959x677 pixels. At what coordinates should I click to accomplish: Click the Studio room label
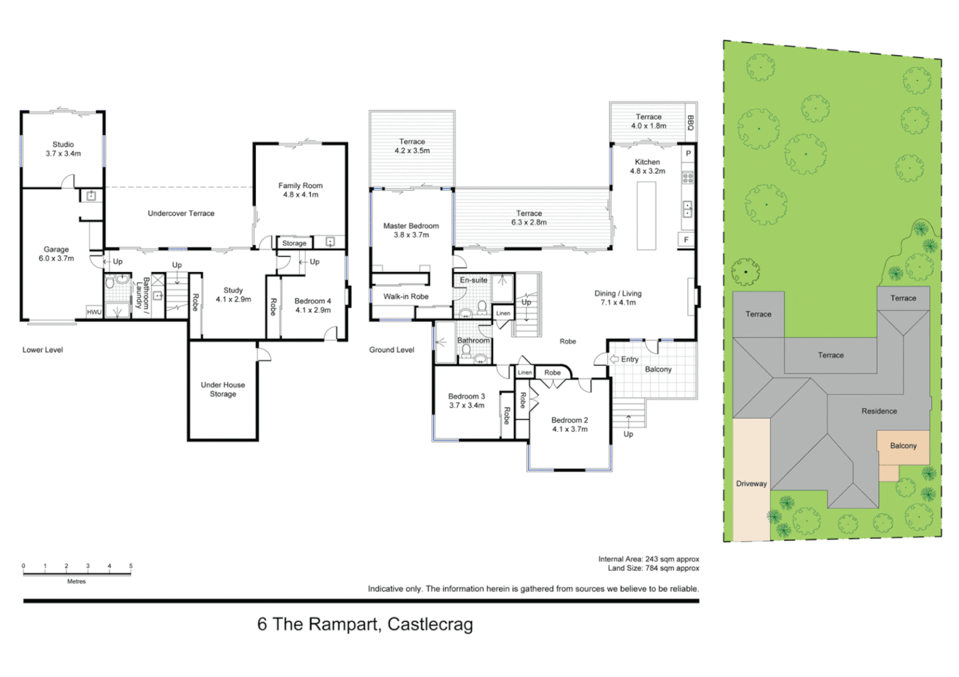[x=63, y=145]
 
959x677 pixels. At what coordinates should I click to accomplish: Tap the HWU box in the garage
[x=94, y=312]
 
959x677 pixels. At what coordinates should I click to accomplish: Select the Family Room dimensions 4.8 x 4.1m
[x=300, y=195]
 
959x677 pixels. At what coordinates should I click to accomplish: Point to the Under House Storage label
[x=223, y=389]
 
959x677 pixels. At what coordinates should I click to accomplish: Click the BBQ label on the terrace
[x=690, y=123]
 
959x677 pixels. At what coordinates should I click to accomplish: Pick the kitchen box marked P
[x=689, y=154]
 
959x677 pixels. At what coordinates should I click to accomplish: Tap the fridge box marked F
[x=686, y=239]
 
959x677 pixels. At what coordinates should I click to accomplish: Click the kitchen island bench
[x=647, y=216]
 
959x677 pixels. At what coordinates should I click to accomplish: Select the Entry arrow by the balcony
[x=614, y=359]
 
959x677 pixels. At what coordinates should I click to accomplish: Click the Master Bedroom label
[x=411, y=226]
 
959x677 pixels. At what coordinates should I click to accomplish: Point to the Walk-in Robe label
[x=406, y=297]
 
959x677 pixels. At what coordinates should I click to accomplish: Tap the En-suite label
[x=474, y=280]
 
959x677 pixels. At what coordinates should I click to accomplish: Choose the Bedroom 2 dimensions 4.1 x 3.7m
[x=570, y=429]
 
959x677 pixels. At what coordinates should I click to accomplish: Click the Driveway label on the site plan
[x=751, y=484]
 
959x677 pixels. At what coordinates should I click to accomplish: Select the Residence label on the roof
[x=879, y=411]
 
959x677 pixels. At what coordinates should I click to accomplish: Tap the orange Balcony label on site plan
[x=903, y=446]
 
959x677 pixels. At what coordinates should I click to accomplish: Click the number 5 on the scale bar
[x=131, y=566]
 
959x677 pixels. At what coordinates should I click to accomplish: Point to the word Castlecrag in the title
[x=430, y=624]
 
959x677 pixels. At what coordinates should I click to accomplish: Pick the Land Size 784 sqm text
[x=654, y=569]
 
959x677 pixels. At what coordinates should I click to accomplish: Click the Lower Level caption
[x=43, y=350]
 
